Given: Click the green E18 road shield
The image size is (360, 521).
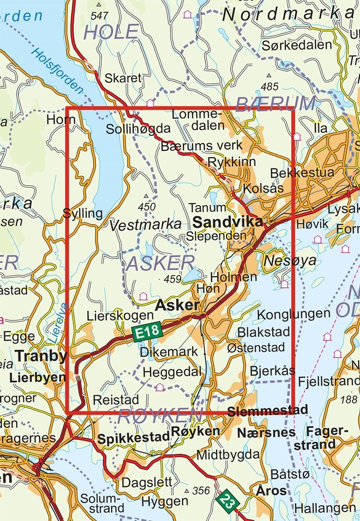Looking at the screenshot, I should pyautogui.click(x=147, y=332).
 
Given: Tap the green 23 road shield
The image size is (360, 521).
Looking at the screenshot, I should pyautogui.click(x=227, y=500).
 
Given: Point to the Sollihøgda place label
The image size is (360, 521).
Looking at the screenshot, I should pyautogui.click(x=138, y=129).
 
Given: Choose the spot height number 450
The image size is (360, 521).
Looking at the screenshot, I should pyautogui.click(x=147, y=207).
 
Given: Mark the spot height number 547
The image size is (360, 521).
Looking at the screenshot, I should pyautogui.click(x=99, y=16).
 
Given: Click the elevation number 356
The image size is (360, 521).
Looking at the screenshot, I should pyautogui.click(x=201, y=490).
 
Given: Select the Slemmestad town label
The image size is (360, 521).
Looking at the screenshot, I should pyautogui.click(x=268, y=411).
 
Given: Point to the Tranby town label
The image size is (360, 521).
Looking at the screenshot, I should pyautogui.click(x=41, y=356).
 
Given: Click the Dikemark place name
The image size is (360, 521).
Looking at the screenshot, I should pyautogui.click(x=169, y=351).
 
